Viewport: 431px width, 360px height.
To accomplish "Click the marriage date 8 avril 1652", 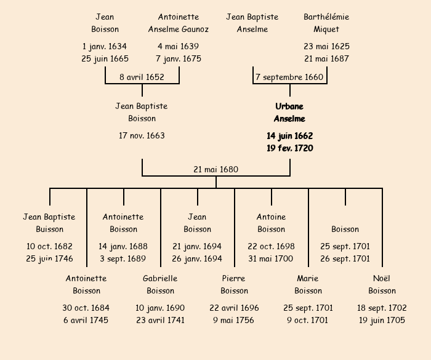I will pyautogui.click(x=142, y=77).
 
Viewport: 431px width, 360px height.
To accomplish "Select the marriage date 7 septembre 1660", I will pyautogui.click(x=289, y=77).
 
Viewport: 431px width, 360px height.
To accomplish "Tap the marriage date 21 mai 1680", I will pyautogui.click(x=216, y=169).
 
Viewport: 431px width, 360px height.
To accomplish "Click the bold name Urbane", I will pyautogui.click(x=289, y=106).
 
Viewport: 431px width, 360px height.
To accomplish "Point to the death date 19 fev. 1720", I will pyautogui.click(x=289, y=148).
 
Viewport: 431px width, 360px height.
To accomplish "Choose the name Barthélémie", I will pyautogui.click(x=326, y=17).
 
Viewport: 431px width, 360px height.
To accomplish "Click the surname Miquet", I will pyautogui.click(x=326, y=29).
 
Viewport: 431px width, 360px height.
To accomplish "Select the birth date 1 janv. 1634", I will pyautogui.click(x=105, y=46).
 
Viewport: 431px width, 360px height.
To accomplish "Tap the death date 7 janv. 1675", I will pyautogui.click(x=179, y=58).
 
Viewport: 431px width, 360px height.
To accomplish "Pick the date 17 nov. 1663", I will pyautogui.click(x=142, y=135).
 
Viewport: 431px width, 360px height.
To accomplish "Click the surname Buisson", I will pyautogui.click(x=49, y=229).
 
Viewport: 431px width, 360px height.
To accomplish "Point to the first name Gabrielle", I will pyautogui.click(x=160, y=278).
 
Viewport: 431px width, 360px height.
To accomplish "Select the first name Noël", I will pyautogui.click(x=382, y=278).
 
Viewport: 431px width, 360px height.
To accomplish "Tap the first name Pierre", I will pyautogui.click(x=234, y=278).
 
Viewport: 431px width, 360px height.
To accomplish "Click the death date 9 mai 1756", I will pyautogui.click(x=234, y=320).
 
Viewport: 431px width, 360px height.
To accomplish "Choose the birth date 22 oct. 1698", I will pyautogui.click(x=271, y=246).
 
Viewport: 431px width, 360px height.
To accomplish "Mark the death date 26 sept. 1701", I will pyautogui.click(x=345, y=258).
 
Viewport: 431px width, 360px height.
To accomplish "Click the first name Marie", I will pyautogui.click(x=308, y=278).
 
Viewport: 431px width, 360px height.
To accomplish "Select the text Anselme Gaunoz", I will pyautogui.click(x=179, y=29).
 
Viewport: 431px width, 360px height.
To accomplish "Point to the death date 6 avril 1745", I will pyautogui.click(x=86, y=320).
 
